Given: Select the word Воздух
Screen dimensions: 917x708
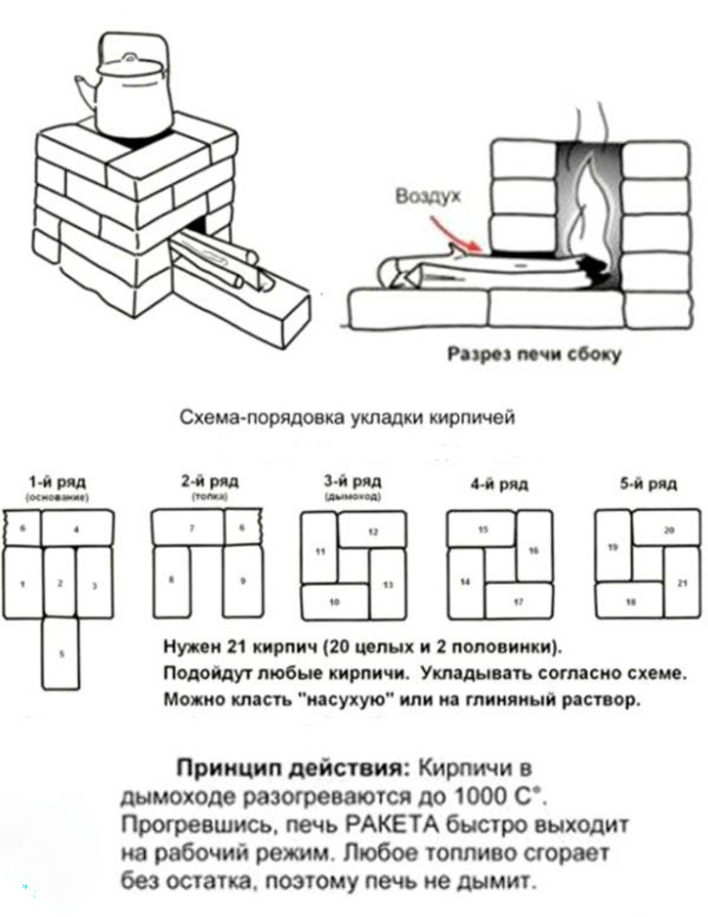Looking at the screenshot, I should click(428, 197).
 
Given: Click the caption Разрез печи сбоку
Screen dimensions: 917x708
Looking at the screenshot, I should click(534, 355).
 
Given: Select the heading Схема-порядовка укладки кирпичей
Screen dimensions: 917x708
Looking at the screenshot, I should click(347, 418).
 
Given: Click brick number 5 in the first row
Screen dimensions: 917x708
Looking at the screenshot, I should click(61, 653).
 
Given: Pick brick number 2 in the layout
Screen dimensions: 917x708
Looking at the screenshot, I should click(60, 582).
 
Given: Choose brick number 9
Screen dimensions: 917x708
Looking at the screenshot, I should click(243, 581).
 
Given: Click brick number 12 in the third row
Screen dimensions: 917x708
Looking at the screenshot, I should click(372, 532).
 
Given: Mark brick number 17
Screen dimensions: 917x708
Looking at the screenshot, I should click(519, 600).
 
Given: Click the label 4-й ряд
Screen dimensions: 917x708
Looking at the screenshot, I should click(500, 485).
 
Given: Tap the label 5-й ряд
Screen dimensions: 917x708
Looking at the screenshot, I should click(648, 484).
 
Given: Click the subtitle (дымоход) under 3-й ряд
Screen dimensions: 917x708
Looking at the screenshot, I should click(354, 497).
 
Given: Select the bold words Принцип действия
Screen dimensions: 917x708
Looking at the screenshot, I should click(289, 768).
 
